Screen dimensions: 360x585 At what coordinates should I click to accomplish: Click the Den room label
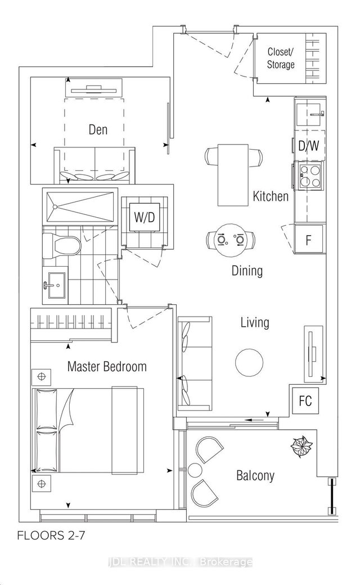pos(98,130)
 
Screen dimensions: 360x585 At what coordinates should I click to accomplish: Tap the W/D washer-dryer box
pos(145,217)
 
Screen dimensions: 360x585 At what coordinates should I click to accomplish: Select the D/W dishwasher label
pos(308,146)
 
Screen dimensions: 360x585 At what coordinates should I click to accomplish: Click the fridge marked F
pos(309,238)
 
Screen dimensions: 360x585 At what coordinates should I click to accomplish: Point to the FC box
pos(305,400)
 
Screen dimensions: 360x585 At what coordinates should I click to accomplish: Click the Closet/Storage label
pos(281,58)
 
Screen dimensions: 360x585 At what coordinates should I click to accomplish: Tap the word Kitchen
pos(271,196)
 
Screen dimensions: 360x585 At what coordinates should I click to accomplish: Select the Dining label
pos(247,271)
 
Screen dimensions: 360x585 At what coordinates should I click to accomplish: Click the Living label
pos(255,322)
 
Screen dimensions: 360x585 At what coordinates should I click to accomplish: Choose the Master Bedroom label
pos(107,366)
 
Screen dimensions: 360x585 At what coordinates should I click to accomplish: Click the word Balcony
pos(255,476)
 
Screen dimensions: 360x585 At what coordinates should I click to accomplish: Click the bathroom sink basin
pos(55,285)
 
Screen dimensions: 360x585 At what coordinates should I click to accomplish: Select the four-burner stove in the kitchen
pos(309,175)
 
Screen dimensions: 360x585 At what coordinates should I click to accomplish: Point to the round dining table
pos(231,240)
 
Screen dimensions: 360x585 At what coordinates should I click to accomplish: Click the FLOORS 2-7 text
pos(51,535)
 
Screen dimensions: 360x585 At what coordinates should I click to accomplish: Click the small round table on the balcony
pos(195,470)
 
